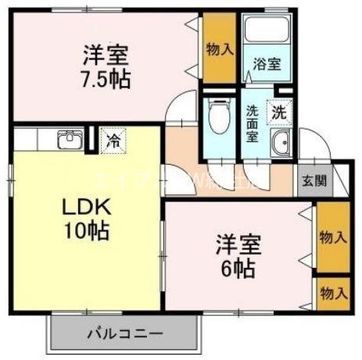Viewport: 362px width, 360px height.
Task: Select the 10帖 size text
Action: click(x=87, y=231)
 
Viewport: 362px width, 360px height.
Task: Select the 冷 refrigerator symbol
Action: click(x=113, y=141)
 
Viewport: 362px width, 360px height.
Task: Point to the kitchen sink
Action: click(x=67, y=141)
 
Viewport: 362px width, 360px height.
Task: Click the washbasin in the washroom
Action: click(x=281, y=142)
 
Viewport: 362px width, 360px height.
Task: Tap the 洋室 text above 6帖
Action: click(x=236, y=243)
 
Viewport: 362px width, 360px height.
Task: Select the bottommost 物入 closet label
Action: click(x=333, y=293)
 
